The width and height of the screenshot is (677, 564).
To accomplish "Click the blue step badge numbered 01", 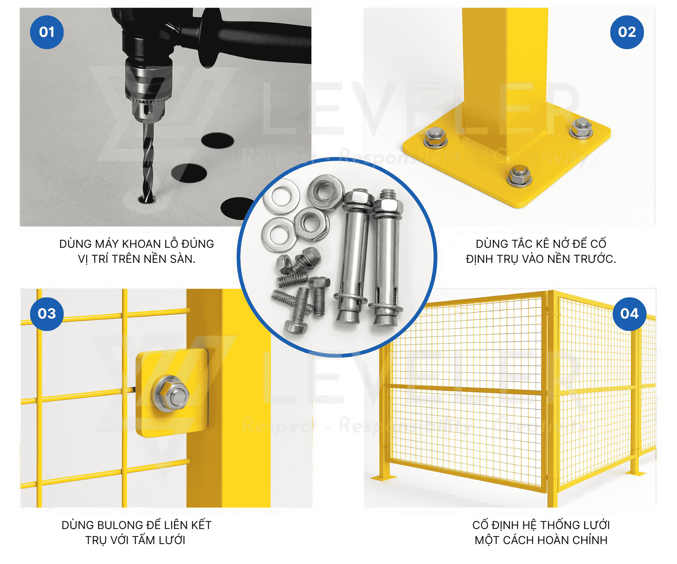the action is pyautogui.click(x=47, y=32).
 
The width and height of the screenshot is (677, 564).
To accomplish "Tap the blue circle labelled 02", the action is pyautogui.click(x=627, y=32).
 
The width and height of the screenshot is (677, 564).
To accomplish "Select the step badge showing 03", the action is pyautogui.click(x=47, y=314).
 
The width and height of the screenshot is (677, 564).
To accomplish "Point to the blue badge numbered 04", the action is pyautogui.click(x=629, y=314).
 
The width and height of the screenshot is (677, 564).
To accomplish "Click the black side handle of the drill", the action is pyautogui.click(x=256, y=39).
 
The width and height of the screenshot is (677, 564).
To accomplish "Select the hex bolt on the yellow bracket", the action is pyautogui.click(x=170, y=394).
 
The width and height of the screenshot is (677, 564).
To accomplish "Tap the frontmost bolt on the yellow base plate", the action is pyautogui.click(x=519, y=176).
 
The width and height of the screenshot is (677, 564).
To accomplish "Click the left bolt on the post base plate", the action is pyautogui.click(x=436, y=138).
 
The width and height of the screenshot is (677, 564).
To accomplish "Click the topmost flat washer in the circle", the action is pyautogui.click(x=281, y=196).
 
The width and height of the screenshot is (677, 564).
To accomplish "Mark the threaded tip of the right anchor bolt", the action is pyautogui.click(x=387, y=194).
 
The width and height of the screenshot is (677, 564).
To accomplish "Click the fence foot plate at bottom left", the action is pyautogui.click(x=384, y=478).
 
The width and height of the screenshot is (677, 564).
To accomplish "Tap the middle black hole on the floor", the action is pyautogui.click(x=189, y=173).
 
